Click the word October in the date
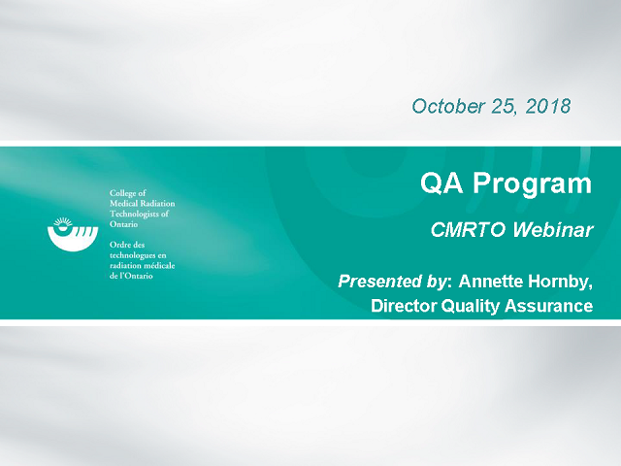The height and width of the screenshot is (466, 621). click(x=448, y=106)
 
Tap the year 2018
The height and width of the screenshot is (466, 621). click(x=548, y=106)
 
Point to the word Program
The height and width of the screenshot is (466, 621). click(x=532, y=184)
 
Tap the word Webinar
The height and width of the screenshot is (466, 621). click(x=553, y=230)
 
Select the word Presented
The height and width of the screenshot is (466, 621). click(x=379, y=282)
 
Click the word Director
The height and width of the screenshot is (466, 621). click(x=404, y=306)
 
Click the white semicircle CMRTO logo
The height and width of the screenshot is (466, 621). click(x=73, y=239)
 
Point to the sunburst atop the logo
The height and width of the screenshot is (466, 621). click(x=63, y=221)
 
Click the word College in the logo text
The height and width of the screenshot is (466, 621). click(x=122, y=193)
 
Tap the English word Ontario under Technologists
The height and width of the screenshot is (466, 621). click(x=123, y=224)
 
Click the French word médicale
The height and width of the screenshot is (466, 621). click(x=160, y=265)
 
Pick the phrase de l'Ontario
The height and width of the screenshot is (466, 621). click(x=131, y=276)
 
